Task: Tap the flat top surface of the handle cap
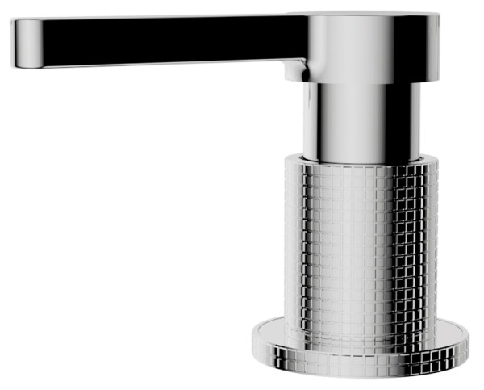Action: [363, 15]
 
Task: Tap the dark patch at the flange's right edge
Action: [461, 339]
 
